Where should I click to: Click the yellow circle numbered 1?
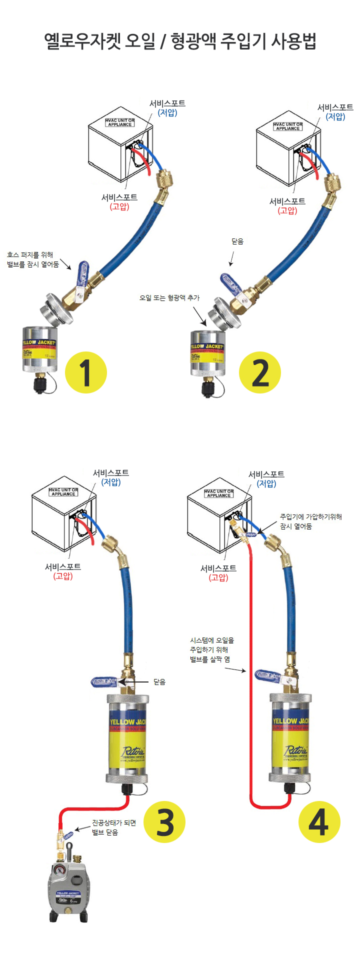pos(86,372)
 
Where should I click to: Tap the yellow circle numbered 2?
pos(259,372)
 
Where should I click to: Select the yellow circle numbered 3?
pos(164,821)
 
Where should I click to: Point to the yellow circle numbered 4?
pos(319,821)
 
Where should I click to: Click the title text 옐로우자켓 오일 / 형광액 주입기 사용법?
pos(180,41)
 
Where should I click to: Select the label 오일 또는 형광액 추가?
pos(169,297)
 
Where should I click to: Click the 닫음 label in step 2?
pos(237,241)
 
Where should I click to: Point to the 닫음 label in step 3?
pos(159,681)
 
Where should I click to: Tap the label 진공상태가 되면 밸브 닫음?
pos(113,827)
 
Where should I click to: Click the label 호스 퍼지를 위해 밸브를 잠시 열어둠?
pos(33,259)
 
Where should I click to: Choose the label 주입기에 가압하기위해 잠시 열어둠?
pos(310,521)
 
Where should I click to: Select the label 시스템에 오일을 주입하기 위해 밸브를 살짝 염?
pos(212,649)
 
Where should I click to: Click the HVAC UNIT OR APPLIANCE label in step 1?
pos(120,122)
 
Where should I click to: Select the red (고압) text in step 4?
pos(218,577)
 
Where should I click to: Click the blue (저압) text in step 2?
pos(335,116)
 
